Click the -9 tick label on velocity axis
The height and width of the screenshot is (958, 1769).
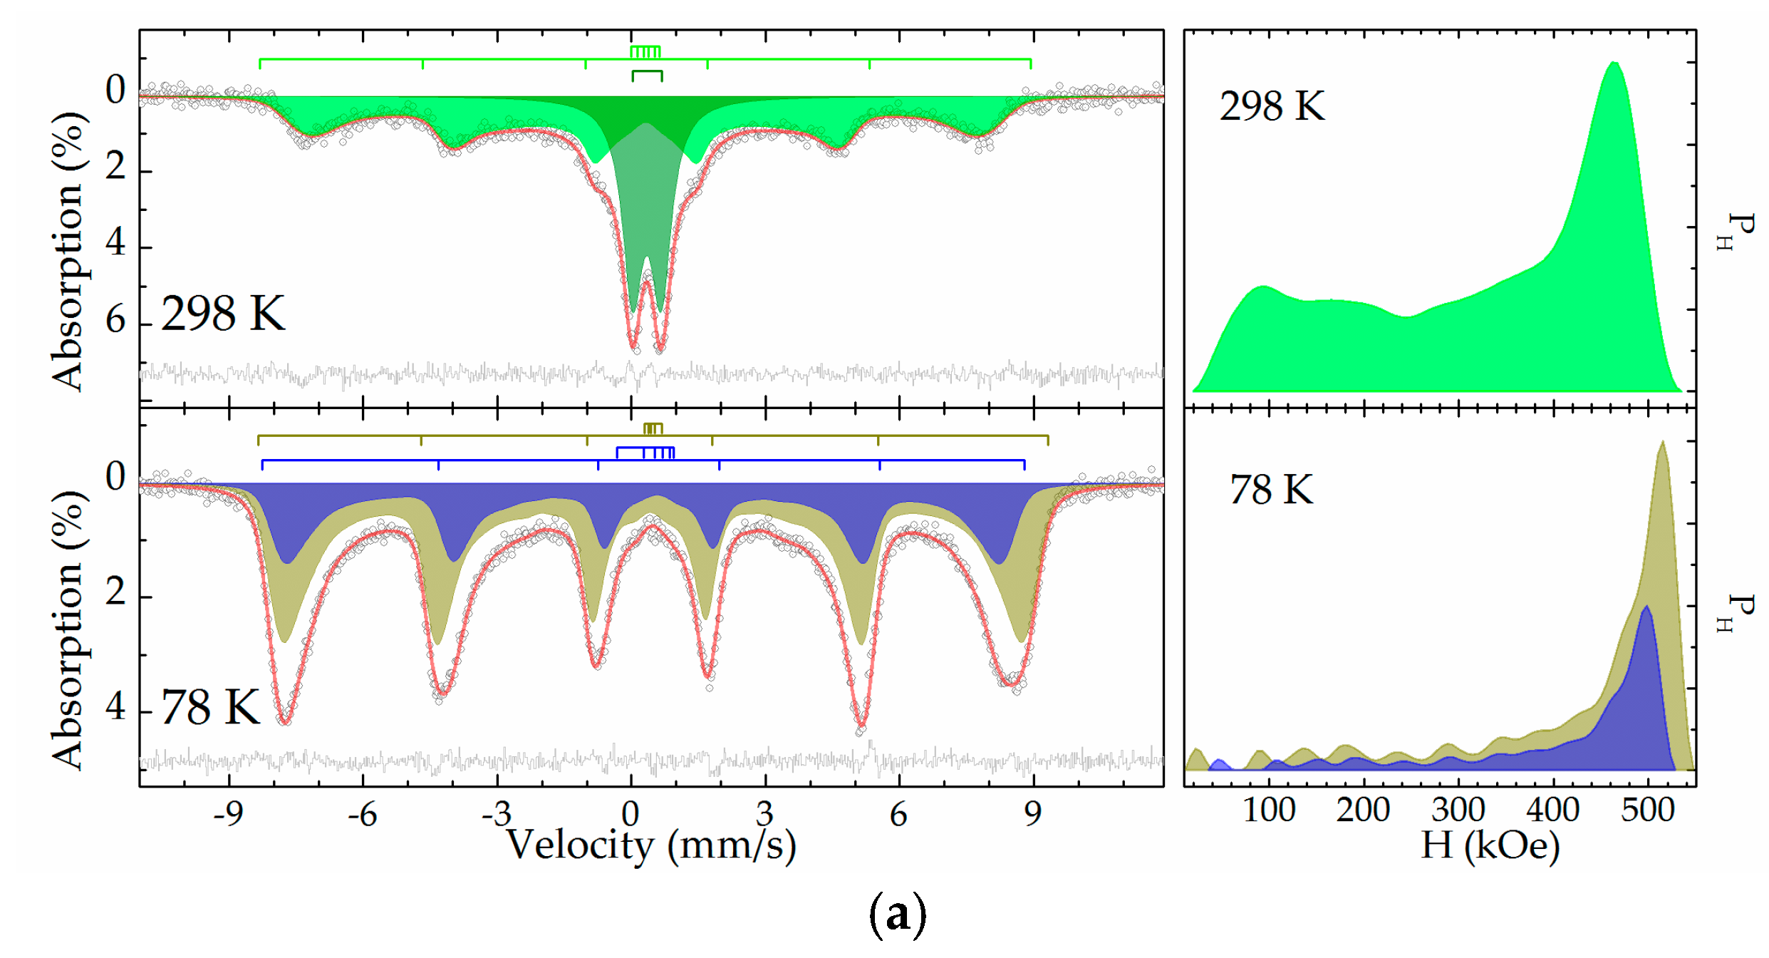pos(228,813)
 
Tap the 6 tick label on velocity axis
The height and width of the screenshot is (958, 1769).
pos(898,813)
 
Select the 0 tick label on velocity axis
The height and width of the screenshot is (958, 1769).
pos(631,813)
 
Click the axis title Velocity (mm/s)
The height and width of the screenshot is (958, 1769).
pos(651,845)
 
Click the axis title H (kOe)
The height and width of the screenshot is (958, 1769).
pos(1490,845)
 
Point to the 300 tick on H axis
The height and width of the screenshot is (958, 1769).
pos(1458,810)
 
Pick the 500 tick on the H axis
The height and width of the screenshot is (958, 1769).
pos(1647,810)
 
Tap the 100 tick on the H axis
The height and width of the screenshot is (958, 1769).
pos(1269,810)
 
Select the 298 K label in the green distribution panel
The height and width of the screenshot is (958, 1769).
pos(1272,106)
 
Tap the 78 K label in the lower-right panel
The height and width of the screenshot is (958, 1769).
pos(1271,490)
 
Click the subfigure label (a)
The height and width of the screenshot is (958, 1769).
pos(898,915)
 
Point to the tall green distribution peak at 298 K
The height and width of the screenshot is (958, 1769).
pos(1614,66)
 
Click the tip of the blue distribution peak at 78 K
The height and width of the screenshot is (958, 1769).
pos(1646,608)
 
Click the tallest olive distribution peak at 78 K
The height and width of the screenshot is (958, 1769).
pos(1662,443)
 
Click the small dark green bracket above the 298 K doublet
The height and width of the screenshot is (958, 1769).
pos(647,74)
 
